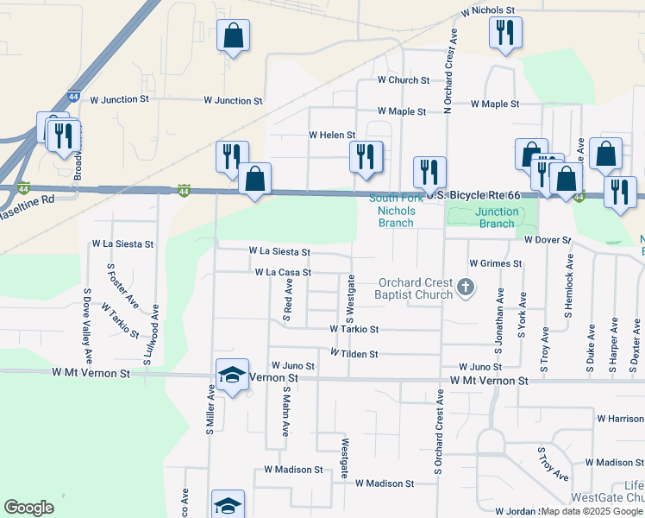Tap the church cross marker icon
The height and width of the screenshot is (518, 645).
pos(466,287)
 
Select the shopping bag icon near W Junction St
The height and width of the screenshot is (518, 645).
pos(234,36)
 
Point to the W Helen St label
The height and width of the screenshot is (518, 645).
pos(332,136)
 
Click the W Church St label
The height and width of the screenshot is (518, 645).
pos(404,80)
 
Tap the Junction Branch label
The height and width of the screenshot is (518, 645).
pos(497,218)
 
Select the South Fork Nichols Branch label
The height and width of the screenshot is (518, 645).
pos(397,210)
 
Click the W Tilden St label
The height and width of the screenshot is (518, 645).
pos(354,354)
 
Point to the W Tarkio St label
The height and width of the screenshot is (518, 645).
pos(354,329)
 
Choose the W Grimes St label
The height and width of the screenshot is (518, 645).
pos(496,263)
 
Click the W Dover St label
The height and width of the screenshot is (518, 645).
pos(548,239)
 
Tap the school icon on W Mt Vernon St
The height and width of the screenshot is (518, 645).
pos(232,375)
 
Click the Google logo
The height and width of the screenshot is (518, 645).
pos(29,508)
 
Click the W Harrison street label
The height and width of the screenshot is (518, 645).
pos(619,419)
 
